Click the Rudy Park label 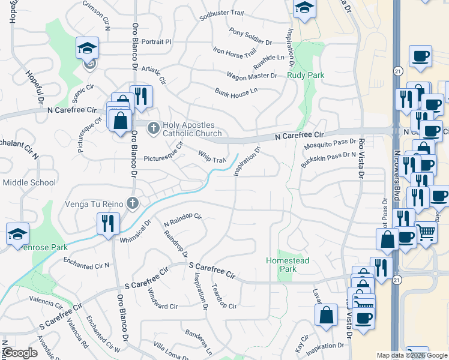[306, 75]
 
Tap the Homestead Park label [280, 265]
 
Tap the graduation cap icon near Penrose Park [17, 233]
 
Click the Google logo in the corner [20, 353]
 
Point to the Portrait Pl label [157, 42]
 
